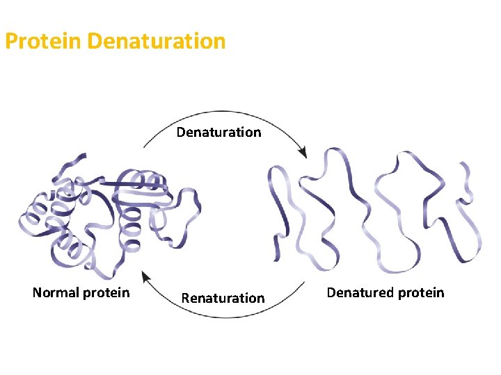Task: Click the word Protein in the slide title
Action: pos(44,41)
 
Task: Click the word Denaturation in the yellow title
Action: pos(157,41)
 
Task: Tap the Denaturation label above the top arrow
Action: pos(218,132)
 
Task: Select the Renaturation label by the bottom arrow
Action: pos(223,298)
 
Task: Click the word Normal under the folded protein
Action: pos(56,292)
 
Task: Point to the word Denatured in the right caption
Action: pos(360,292)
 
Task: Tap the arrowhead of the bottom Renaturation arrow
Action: pos(146,276)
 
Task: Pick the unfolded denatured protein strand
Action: pos(376,208)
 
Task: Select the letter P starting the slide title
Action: pos(11,41)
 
